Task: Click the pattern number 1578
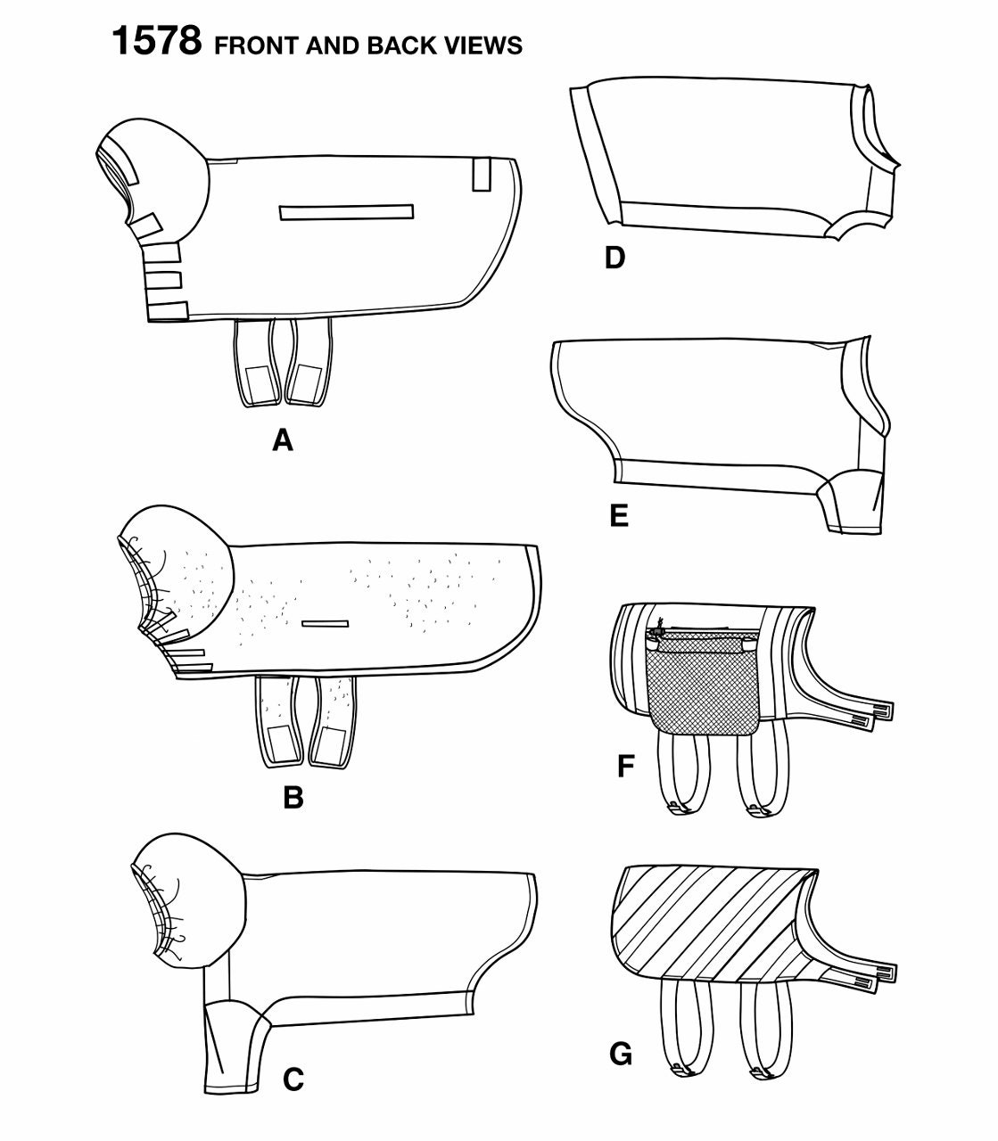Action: click(x=157, y=41)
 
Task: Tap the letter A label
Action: click(x=283, y=441)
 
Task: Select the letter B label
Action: click(x=293, y=798)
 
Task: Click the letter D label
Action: click(x=614, y=259)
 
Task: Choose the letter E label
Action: click(x=619, y=516)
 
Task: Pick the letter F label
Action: click(x=626, y=767)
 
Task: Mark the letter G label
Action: click(x=621, y=1054)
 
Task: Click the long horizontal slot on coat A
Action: click(x=346, y=212)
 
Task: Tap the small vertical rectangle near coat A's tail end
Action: click(x=482, y=175)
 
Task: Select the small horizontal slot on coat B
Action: click(x=326, y=623)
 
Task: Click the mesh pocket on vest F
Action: click(x=703, y=680)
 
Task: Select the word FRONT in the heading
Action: click(x=257, y=45)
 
